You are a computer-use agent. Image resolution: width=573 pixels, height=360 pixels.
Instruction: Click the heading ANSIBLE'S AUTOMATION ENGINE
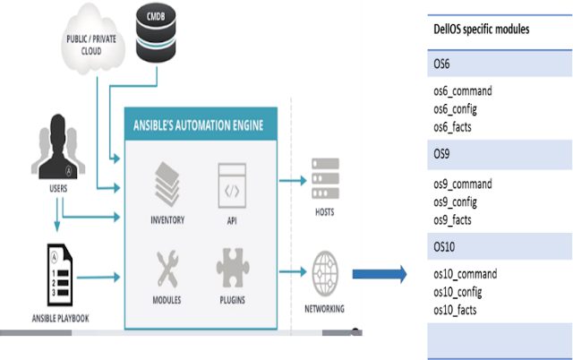click(198, 124)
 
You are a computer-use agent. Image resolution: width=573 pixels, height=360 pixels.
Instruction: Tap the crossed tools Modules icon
click(168, 266)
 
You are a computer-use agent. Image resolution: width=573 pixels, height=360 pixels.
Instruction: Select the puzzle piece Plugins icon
click(230, 266)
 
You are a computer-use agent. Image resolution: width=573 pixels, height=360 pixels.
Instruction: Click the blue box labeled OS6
click(500, 65)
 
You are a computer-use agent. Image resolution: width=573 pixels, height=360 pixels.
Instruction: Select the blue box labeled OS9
click(500, 155)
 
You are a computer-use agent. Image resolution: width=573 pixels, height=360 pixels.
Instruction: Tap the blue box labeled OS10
click(500, 246)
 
